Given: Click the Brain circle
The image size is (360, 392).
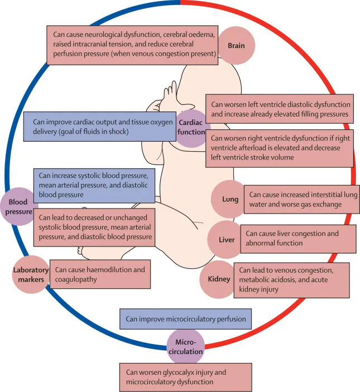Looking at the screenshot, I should click(x=236, y=45).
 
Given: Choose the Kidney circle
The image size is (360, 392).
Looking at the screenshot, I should click(x=219, y=279).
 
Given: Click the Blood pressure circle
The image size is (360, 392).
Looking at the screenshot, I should click(x=20, y=206).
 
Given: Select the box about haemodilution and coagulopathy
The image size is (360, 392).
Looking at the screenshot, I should click(x=100, y=274).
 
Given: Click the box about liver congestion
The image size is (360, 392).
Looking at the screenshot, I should click(x=298, y=238).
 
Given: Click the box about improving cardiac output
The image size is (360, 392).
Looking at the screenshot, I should click(x=98, y=126).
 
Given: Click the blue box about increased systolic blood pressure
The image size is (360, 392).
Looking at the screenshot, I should click(x=93, y=185).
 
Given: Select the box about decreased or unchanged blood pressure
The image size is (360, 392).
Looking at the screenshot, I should click(x=93, y=228).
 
